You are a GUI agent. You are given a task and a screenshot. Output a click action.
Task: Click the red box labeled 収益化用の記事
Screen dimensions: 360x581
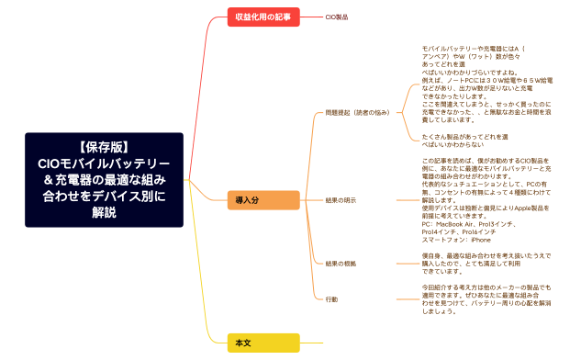(263, 17)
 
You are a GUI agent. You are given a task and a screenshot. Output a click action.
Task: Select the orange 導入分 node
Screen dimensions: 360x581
(263, 199)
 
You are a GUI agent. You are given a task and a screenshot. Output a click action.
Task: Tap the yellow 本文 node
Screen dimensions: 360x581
(263, 343)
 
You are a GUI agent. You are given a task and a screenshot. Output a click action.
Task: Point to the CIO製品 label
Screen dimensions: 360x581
(337, 17)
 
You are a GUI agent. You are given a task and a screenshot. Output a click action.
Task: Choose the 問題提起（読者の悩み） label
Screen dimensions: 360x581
(358, 112)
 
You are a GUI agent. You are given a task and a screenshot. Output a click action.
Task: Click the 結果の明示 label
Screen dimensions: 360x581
(341, 199)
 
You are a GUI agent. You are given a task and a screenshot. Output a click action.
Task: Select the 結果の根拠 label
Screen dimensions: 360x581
(341, 264)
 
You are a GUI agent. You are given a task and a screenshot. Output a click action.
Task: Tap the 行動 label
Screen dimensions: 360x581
(331, 299)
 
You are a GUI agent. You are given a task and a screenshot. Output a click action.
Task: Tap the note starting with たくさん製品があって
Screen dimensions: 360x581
(464, 137)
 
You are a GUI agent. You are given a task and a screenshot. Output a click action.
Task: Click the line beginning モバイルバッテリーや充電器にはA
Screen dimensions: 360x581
(472, 47)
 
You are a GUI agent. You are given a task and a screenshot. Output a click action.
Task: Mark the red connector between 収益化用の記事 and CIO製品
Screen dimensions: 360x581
(312, 17)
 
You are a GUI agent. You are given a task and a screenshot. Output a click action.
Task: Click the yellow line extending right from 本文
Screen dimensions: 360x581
(312, 343)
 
